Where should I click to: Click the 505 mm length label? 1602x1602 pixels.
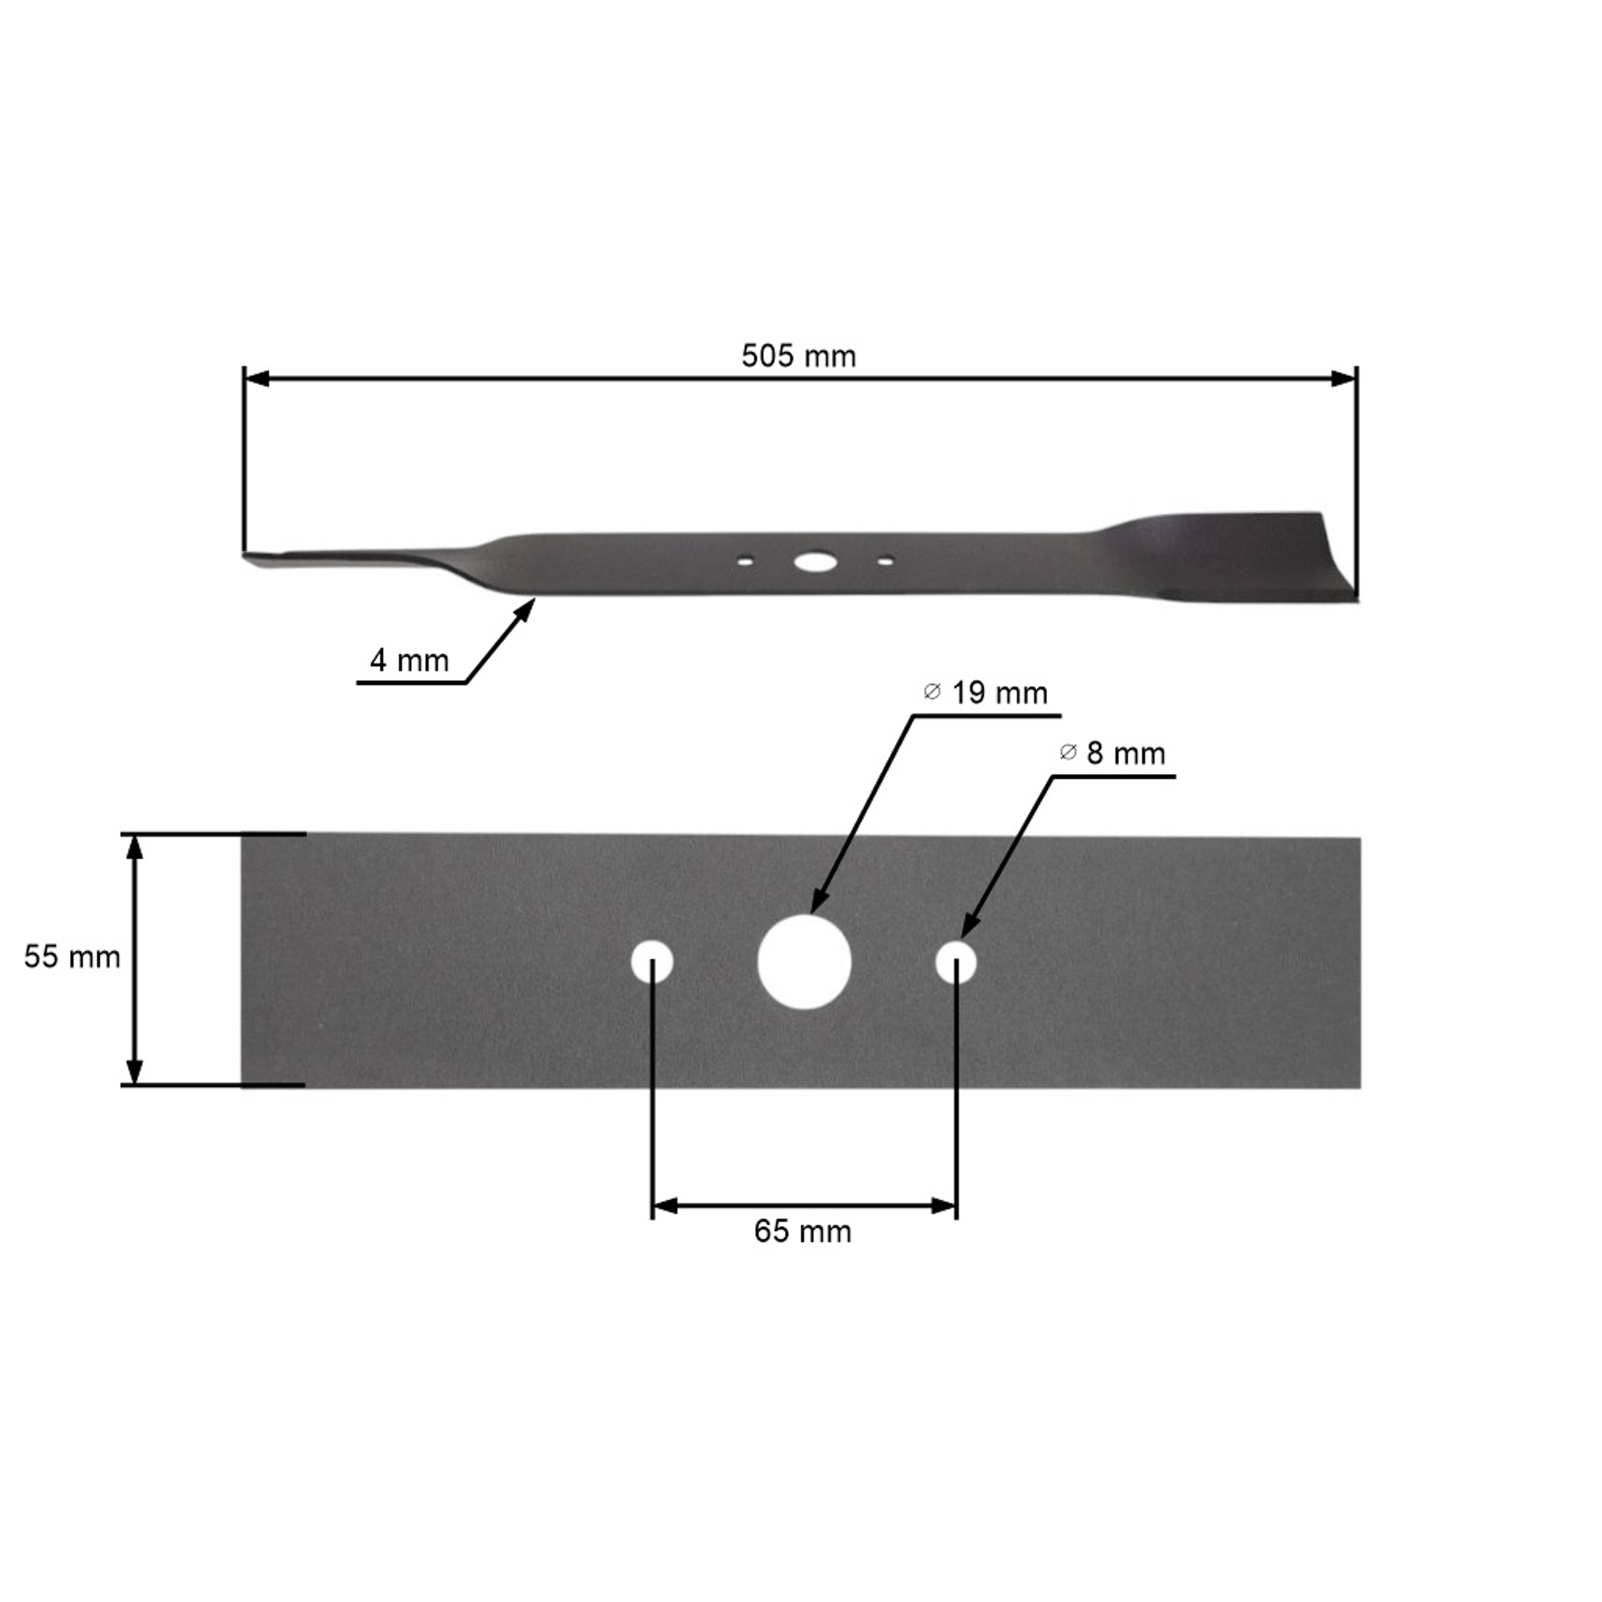point(798,357)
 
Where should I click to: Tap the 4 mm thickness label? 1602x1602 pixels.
point(410,661)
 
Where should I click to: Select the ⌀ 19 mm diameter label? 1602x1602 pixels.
point(985,693)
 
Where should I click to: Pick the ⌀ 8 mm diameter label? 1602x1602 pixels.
point(1113,753)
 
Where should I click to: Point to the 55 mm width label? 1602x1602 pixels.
point(72,957)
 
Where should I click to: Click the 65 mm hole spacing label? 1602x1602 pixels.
point(803,1231)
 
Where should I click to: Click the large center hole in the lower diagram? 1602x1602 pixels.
point(804,962)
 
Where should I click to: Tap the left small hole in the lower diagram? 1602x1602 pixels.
point(651,962)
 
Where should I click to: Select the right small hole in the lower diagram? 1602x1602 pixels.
point(956,962)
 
